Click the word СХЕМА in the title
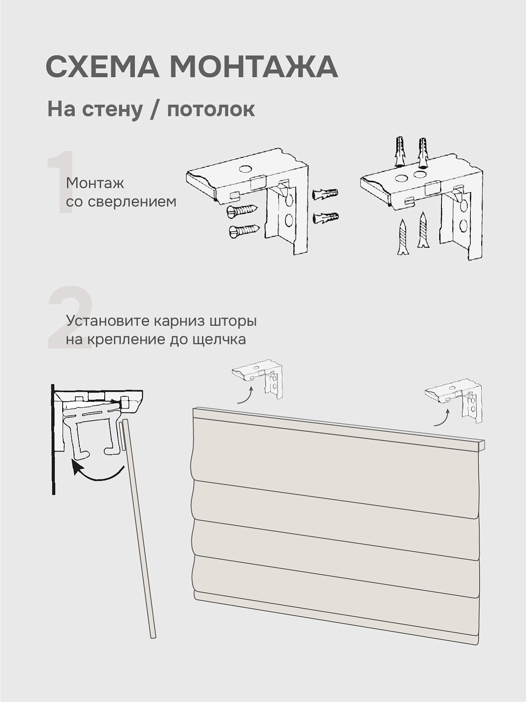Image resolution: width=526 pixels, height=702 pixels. [102, 67]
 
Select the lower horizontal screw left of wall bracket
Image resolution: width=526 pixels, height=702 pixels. [244, 231]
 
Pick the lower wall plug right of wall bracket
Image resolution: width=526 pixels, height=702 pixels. [325, 218]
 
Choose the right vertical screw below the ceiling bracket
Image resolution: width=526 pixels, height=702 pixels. [423, 230]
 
